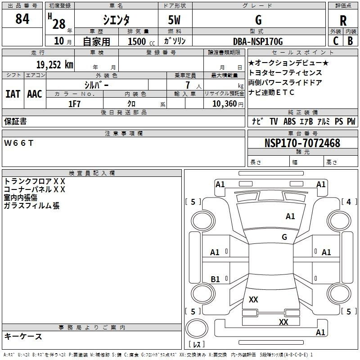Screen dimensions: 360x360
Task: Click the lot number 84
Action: [22, 19]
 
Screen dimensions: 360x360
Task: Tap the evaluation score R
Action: [343, 20]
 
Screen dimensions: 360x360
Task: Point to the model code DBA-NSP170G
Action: [258, 41]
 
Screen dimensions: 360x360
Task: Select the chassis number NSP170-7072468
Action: [302, 144]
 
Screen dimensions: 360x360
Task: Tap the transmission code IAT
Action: [13, 94]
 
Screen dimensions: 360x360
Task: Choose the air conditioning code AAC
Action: [34, 94]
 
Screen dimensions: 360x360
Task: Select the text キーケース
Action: [23, 336]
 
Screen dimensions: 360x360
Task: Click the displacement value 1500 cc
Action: [139, 41]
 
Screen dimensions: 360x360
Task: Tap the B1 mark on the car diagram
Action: [215, 279]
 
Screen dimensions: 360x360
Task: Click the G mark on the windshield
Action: [284, 237]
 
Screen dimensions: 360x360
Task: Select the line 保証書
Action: [15, 121]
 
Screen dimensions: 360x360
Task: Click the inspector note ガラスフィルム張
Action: [31, 206]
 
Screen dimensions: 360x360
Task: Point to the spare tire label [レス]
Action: [196, 345]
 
